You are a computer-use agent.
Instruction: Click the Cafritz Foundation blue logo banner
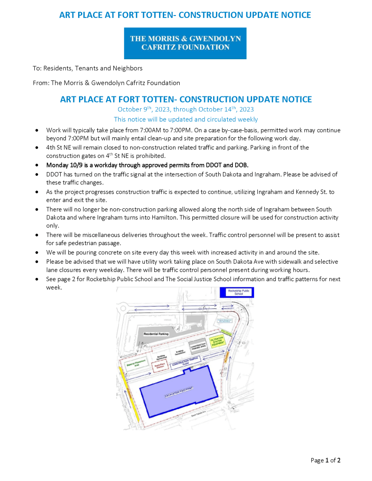coord(186,43)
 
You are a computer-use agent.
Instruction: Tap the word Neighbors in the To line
coord(128,68)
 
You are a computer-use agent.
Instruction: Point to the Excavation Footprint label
coord(179,392)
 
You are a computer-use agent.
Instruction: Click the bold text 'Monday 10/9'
coord(63,165)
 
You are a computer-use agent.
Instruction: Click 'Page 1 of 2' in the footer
coord(325,460)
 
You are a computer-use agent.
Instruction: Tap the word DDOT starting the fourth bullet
coord(55,174)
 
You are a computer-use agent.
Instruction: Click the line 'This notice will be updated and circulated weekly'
coord(186,119)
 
